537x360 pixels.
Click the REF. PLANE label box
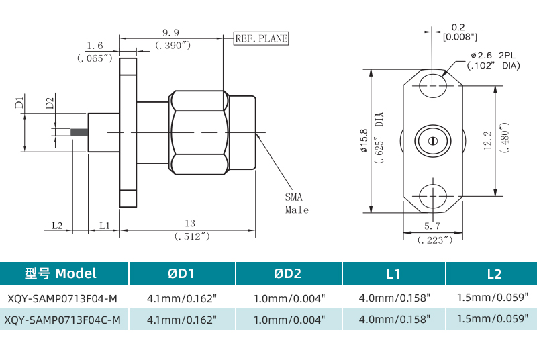click(x=260, y=38)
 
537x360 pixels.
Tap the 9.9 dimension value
click(x=170, y=32)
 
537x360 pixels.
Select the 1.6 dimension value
click(x=95, y=46)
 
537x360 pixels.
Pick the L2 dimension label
click(x=56, y=225)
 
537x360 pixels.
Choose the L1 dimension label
click(x=105, y=225)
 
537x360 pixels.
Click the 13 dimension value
click(x=190, y=224)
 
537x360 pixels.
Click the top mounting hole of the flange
click(x=433, y=86)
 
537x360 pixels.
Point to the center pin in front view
click(x=433, y=141)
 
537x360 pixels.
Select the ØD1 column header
click(x=181, y=273)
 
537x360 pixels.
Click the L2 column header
click(x=493, y=273)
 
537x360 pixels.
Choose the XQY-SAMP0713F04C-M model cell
click(x=62, y=320)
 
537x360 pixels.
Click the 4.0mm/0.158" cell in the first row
click(x=394, y=297)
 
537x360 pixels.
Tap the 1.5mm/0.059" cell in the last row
click(x=493, y=320)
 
